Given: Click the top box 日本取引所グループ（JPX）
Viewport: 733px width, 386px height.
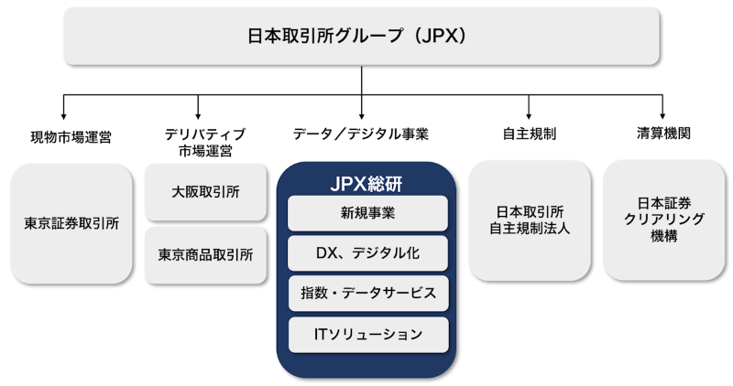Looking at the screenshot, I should [361, 37].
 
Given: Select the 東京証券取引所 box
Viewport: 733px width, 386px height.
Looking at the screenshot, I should [71, 222].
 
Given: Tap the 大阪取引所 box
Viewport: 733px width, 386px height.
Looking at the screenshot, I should [205, 192].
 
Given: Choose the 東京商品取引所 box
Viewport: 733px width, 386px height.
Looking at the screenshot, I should [205, 254].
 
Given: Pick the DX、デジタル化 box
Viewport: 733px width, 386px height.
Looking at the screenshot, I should [367, 253].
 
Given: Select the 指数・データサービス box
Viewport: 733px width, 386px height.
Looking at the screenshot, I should [367, 294].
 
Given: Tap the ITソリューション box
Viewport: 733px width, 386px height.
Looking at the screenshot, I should [367, 334].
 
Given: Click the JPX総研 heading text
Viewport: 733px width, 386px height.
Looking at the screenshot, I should [367, 182].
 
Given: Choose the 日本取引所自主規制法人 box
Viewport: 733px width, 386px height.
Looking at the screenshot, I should [530, 220].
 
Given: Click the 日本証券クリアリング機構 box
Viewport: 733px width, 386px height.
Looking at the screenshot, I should [663, 220].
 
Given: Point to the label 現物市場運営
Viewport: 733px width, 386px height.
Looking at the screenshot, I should [70, 137].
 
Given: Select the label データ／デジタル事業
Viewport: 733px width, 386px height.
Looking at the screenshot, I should [361, 134].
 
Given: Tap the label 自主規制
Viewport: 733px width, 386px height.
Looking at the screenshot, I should [530, 134].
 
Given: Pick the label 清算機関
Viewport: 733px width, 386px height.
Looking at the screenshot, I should [663, 133].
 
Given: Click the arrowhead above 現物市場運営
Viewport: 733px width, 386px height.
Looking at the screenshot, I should [63, 116].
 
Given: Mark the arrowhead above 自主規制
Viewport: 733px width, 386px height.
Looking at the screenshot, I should [530, 116].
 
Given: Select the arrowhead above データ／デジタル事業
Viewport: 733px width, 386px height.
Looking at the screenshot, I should [361, 116].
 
